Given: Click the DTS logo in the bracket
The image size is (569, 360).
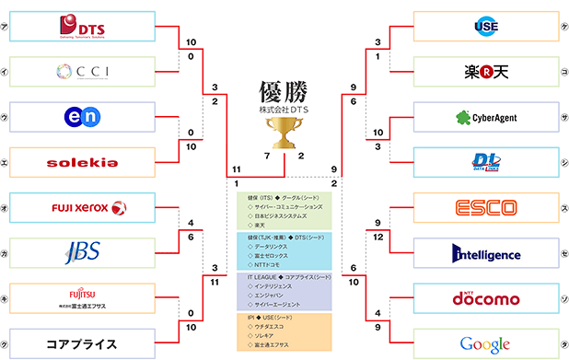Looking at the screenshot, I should pyautogui.click(x=82, y=27).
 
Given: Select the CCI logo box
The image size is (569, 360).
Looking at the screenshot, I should pyautogui.click(x=82, y=71).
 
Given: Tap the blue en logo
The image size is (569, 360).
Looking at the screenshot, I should pyautogui.click(x=82, y=117).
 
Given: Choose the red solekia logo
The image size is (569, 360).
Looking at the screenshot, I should pyautogui.click(x=82, y=162).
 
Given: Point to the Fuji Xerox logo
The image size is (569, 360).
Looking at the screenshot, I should pyautogui.click(x=82, y=208).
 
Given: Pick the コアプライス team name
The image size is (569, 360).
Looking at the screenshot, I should pyautogui.click(x=82, y=344).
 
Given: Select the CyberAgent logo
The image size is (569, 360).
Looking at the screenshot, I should pyautogui.click(x=485, y=117).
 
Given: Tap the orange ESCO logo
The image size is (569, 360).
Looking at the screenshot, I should pyautogui.click(x=485, y=208).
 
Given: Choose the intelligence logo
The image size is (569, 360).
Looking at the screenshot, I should pyautogui.click(x=485, y=253).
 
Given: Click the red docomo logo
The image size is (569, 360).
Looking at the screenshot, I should pyautogui.click(x=485, y=299).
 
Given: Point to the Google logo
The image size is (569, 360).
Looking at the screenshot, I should pyautogui.click(x=485, y=344).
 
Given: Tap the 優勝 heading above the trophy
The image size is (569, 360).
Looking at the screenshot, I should pyautogui.click(x=284, y=92).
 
